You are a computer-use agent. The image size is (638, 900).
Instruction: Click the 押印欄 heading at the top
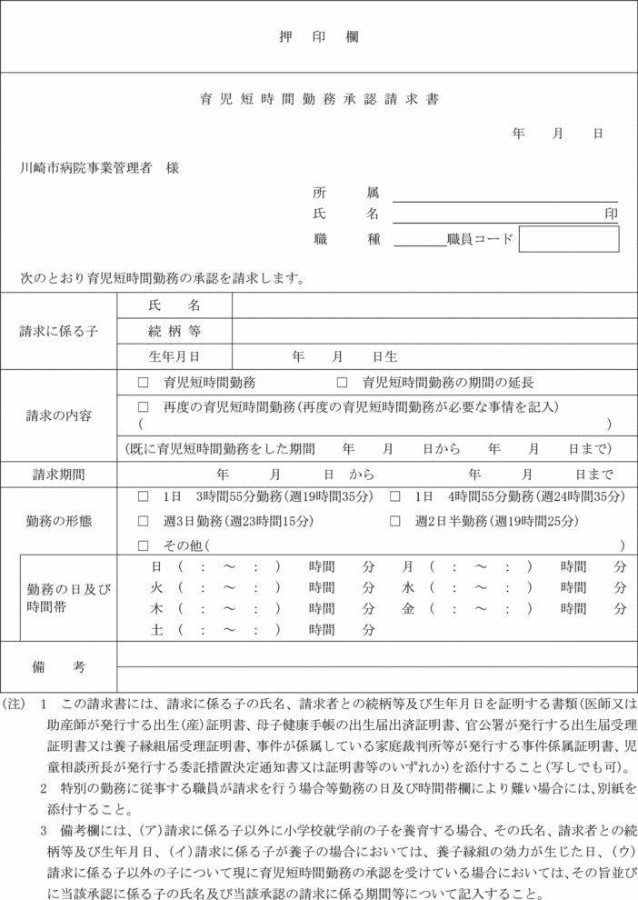pyautogui.click(x=318, y=37)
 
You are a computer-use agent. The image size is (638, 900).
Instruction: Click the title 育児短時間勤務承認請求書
pyautogui.click(x=319, y=99)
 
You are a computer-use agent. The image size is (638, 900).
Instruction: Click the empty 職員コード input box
pyautogui.click(x=568, y=239)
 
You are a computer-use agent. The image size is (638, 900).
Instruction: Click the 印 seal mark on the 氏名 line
pyautogui.click(x=612, y=214)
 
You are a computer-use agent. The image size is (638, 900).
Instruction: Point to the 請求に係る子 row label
pyautogui.click(x=59, y=331)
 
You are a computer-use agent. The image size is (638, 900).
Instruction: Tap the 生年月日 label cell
pyautogui.click(x=174, y=356)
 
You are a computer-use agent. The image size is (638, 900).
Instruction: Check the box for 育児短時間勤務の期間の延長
pyautogui.click(x=343, y=383)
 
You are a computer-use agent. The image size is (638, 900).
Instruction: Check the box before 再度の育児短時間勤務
pyautogui.click(x=143, y=406)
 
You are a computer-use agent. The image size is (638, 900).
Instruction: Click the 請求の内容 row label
pyautogui.click(x=59, y=415)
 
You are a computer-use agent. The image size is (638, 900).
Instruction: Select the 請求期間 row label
pyautogui.click(x=59, y=474)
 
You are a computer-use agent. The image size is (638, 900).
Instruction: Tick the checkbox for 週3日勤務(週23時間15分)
pyautogui.click(x=143, y=522)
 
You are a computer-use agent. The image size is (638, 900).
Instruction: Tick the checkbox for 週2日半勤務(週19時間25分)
pyautogui.click(x=394, y=522)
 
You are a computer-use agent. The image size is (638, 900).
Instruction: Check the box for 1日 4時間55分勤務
pyautogui.click(x=394, y=497)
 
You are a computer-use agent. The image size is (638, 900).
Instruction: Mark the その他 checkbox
pyautogui.click(x=143, y=545)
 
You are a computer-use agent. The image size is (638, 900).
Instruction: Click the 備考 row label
pyautogui.click(x=59, y=666)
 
